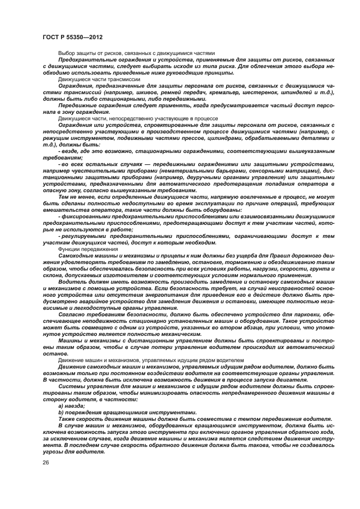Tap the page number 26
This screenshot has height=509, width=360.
tap(46, 462)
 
